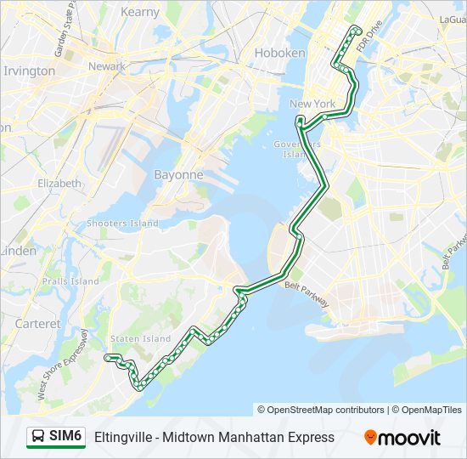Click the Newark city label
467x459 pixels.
[106, 66]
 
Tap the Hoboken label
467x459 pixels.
[279, 53]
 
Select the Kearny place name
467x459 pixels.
[139, 12]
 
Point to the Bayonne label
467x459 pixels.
[177, 174]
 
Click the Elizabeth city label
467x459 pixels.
[59, 183]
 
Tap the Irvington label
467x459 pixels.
[29, 71]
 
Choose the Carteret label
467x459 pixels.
[37, 324]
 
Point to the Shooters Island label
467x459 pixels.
[122, 224]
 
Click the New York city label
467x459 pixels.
[312, 104]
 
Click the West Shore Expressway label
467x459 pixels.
[63, 364]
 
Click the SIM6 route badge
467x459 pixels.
[57, 437]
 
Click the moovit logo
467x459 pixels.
[402, 438]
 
